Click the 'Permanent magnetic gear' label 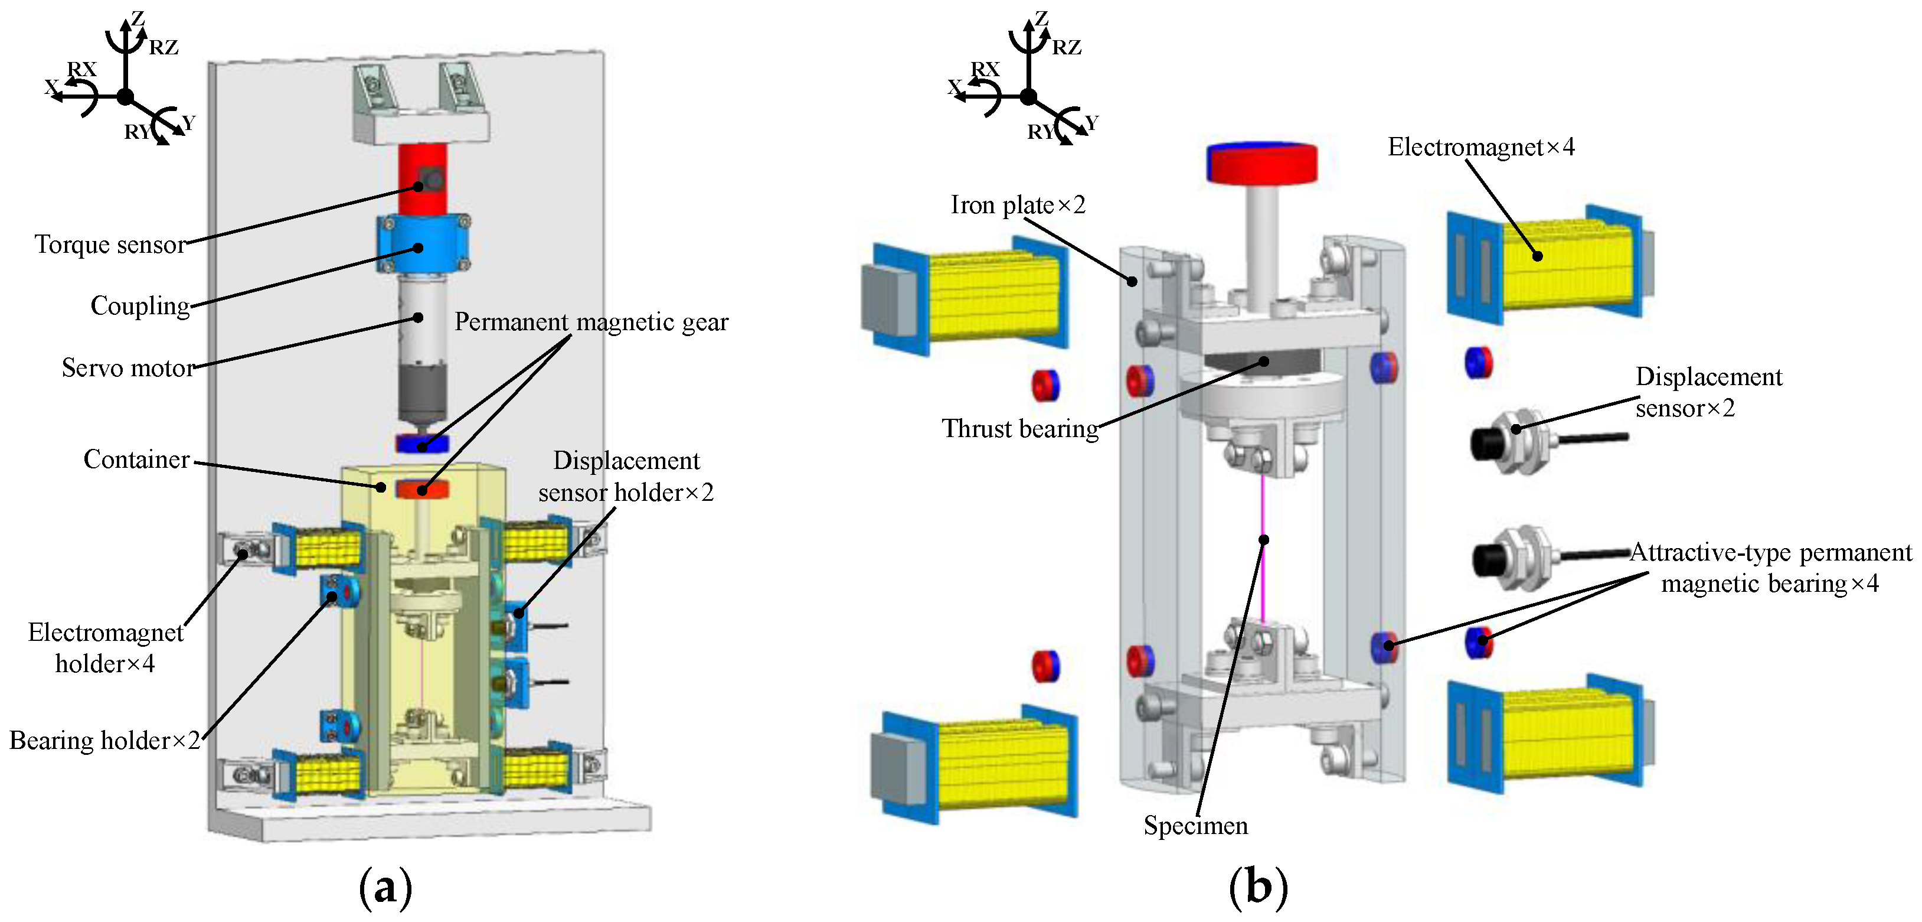point(591,322)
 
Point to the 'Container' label point(136,459)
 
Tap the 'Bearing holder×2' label point(104,740)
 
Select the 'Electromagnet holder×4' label point(105,647)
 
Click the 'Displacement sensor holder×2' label point(626,476)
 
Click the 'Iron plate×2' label point(1018,204)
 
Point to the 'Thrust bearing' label point(1020,429)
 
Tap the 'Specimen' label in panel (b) point(1195,825)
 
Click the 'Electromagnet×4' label point(1481,147)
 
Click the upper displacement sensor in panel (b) point(1522,441)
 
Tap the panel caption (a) point(385,888)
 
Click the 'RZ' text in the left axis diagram point(164,48)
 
